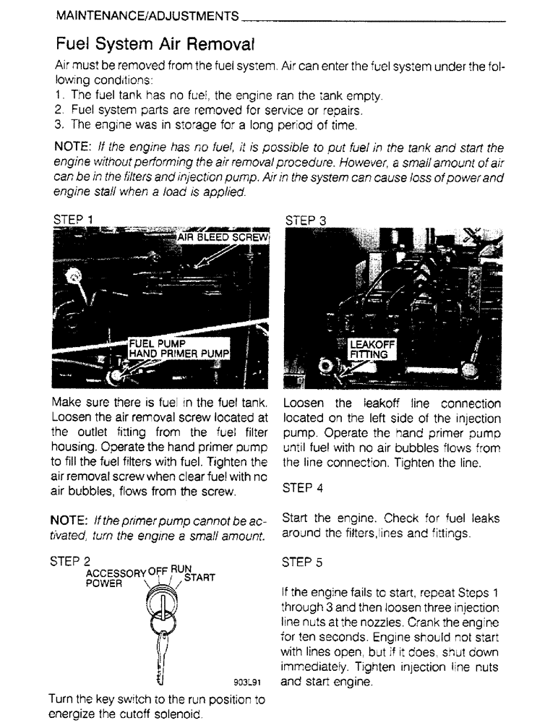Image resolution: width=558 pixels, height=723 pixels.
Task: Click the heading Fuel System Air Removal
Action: tap(153, 43)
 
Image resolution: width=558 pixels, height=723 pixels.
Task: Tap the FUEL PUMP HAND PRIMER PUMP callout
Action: tap(179, 348)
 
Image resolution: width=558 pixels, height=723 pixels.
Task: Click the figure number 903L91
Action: tap(246, 682)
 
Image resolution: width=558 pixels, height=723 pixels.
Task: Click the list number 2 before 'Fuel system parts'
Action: tap(58, 111)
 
